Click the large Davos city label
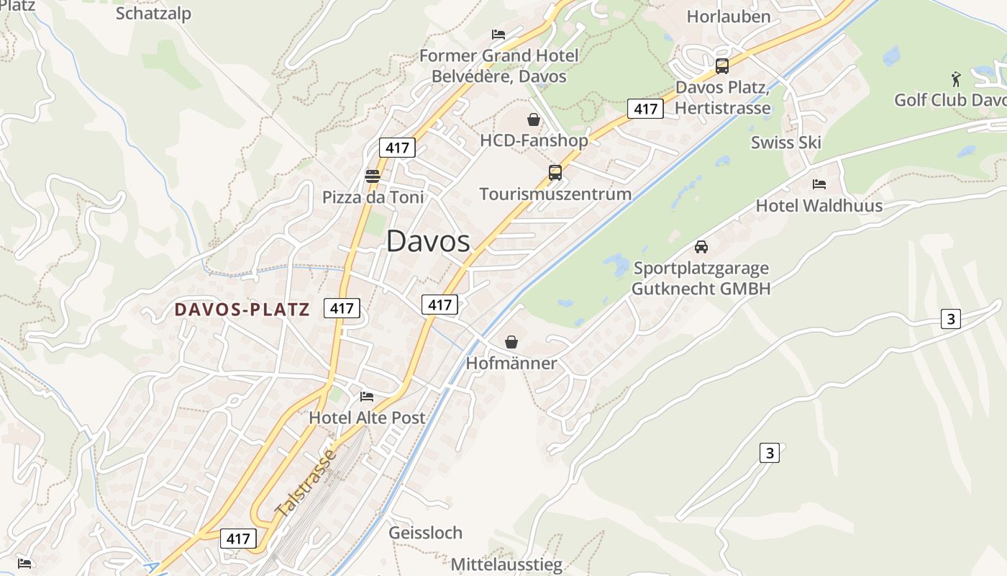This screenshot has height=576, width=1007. point(428,241)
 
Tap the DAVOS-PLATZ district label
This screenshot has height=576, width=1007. point(242,310)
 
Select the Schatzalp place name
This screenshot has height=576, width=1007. point(153,13)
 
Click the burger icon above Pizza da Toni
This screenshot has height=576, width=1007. point(372,176)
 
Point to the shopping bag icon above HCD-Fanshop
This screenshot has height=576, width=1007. point(534,120)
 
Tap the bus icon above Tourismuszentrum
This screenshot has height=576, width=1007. point(555,173)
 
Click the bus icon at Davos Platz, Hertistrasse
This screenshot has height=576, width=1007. point(721,66)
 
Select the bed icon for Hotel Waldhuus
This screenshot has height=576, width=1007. point(819,184)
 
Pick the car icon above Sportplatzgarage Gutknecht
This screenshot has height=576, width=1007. point(701,247)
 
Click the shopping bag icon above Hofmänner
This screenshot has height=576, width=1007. point(511,342)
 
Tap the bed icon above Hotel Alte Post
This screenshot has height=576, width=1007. point(366,397)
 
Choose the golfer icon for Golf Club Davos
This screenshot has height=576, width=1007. point(955,78)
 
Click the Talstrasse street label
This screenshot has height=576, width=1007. point(306,483)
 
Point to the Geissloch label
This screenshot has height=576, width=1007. point(425,533)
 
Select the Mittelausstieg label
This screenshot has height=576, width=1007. point(506,564)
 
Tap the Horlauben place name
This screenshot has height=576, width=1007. point(728,16)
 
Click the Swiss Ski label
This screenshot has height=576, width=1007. point(785,142)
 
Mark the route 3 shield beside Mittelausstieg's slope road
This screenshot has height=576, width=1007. point(769,453)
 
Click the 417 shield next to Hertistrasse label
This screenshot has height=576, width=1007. point(644,109)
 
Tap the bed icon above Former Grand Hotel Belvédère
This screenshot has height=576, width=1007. point(498,35)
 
